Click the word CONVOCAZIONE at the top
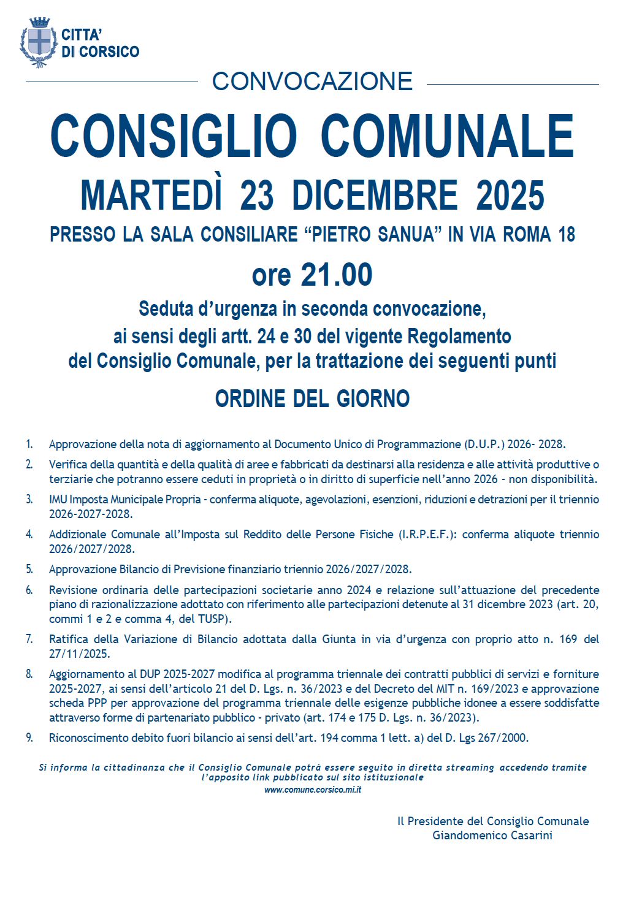tap(312, 82)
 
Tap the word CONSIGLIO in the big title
tap(174, 136)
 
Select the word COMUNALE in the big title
tap(447, 136)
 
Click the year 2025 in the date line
tap(510, 195)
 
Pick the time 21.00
tap(336, 275)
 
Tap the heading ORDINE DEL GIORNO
tap(312, 399)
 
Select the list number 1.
tap(29, 444)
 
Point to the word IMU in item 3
tap(58, 499)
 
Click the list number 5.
tap(29, 569)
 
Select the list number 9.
tap(29, 738)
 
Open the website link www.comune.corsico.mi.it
tap(312, 790)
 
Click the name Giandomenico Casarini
tap(492, 835)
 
